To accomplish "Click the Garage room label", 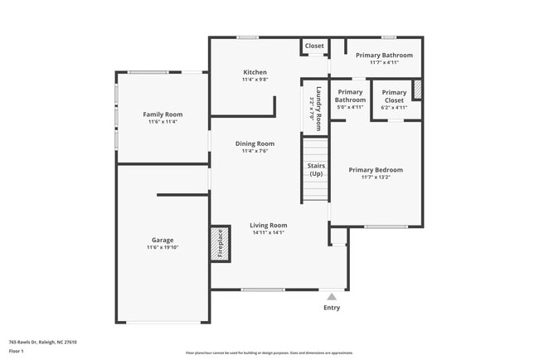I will (x=162, y=241).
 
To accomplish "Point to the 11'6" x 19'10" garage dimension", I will (x=162, y=248).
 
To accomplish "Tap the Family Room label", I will (x=163, y=114).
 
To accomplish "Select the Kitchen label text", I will (x=254, y=72).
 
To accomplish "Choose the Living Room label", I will (x=269, y=225).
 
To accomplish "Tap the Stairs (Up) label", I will (x=316, y=170).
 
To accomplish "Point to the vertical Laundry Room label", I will (x=316, y=106).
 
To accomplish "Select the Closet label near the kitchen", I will (x=314, y=46).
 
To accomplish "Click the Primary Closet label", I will (x=394, y=96).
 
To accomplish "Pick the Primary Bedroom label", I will (x=376, y=169).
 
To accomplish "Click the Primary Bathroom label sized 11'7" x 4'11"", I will (x=384, y=56).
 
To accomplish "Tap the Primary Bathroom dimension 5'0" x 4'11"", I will (x=350, y=107).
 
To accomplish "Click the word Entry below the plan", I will (x=332, y=308).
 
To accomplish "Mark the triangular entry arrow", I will (x=332, y=295).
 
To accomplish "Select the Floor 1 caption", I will (x=17, y=351).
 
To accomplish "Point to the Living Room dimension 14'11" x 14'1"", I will (x=269, y=232).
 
